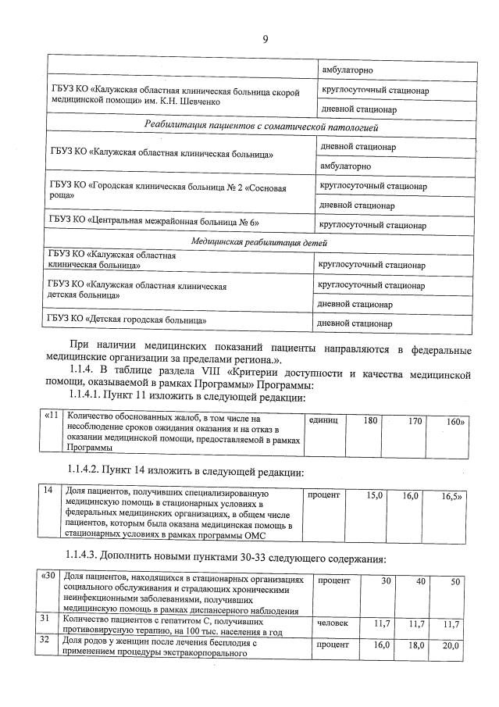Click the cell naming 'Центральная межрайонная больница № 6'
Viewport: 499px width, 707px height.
click(153, 223)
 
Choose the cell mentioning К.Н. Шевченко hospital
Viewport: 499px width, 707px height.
click(173, 97)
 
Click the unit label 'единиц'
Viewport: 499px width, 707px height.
click(323, 421)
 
